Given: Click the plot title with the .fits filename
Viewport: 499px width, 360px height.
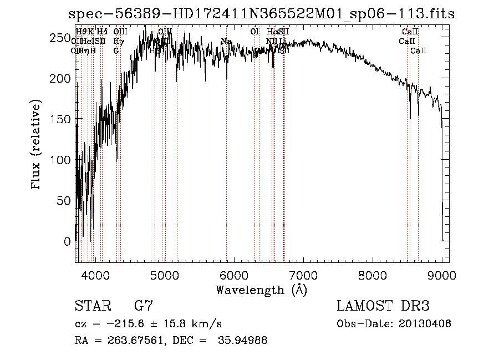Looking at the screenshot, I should [x=261, y=14].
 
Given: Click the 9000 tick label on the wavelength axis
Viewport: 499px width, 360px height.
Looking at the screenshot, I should [x=442, y=275].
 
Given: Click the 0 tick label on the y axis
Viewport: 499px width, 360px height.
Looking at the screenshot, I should [x=67, y=241].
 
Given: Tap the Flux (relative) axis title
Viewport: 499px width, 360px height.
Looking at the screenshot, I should [x=37, y=145].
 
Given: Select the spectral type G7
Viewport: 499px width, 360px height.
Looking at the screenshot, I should [x=144, y=306].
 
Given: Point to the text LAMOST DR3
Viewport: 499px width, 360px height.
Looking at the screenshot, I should [x=383, y=306].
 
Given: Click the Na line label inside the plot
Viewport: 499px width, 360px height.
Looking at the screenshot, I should [x=226, y=41].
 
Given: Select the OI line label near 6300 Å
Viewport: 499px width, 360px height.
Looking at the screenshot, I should [x=254, y=32].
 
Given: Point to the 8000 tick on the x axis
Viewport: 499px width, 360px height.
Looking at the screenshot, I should [x=373, y=275].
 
